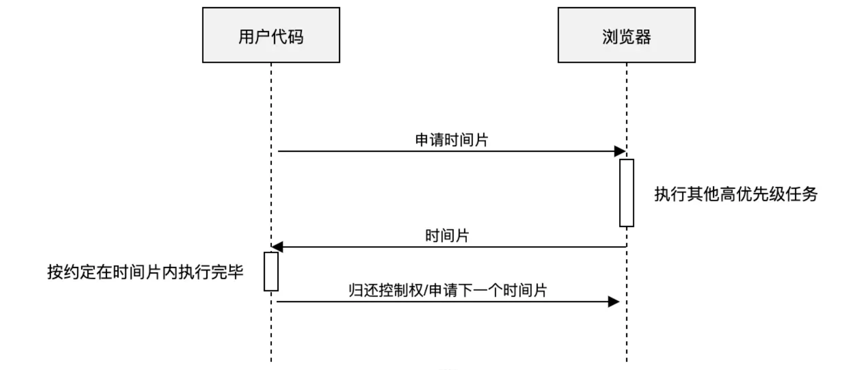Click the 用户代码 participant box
coord(271,35)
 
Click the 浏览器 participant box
coord(626,35)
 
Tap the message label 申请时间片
coord(452,140)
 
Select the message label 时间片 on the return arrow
coord(447,236)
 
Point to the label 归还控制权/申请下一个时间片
coord(448,290)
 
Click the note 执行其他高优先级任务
coord(735,194)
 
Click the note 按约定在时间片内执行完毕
coord(145,272)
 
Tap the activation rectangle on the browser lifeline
coord(626,193)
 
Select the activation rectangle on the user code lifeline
coord(271,271)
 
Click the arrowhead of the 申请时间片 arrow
coord(620,151)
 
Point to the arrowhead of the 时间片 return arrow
coord(277,247)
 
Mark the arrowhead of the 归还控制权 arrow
coord(614,302)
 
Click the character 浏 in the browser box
coord(610,37)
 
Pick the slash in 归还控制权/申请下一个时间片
coord(426,290)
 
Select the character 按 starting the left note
coord(55,272)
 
